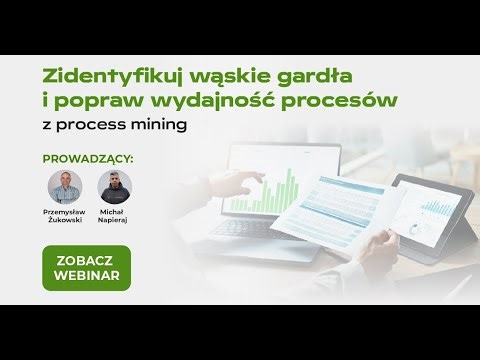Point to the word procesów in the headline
tap(344, 102)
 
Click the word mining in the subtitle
tap(162, 127)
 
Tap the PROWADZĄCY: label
tap(88, 158)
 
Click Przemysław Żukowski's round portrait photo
tap(66, 187)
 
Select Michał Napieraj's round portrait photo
tap(115, 187)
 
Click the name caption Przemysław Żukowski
tap(66, 218)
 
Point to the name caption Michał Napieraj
tap(115, 218)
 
